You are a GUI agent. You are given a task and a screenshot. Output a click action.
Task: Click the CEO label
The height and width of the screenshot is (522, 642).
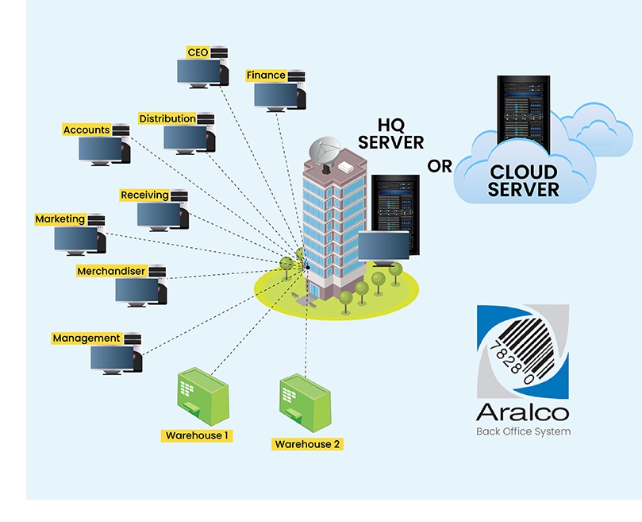(x=198, y=52)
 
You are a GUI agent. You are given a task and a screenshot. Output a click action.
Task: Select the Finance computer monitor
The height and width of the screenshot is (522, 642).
(x=275, y=93)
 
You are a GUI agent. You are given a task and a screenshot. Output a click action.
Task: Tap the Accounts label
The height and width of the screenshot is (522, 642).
(x=86, y=130)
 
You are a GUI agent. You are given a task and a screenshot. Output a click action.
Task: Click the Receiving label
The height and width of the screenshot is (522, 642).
(x=144, y=195)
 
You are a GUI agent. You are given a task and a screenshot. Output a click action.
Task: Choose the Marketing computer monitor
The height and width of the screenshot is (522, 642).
(x=76, y=238)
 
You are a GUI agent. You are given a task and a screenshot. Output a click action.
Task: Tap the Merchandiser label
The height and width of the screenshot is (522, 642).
(x=111, y=272)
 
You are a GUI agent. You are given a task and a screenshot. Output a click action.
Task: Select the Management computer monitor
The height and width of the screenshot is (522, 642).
(x=112, y=358)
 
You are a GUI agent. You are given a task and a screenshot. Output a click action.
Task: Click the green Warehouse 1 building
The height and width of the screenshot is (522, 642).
(x=202, y=396)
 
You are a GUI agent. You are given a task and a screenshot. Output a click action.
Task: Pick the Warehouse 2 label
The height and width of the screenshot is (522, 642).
(x=307, y=444)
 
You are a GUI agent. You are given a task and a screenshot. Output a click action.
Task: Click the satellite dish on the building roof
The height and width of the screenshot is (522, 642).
(x=328, y=152)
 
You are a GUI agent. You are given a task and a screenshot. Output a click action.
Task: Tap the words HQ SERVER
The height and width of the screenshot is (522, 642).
(x=391, y=133)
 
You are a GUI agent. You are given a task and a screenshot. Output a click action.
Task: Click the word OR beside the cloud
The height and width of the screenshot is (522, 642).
(x=440, y=166)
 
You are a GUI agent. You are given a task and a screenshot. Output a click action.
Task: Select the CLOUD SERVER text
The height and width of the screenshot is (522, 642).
(x=523, y=180)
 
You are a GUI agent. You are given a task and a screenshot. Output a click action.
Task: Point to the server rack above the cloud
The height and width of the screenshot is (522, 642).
(x=523, y=110)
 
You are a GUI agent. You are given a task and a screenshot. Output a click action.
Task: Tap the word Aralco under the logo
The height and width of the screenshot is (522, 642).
(x=523, y=412)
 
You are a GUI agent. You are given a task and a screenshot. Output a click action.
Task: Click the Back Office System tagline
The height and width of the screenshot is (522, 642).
(x=523, y=432)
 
